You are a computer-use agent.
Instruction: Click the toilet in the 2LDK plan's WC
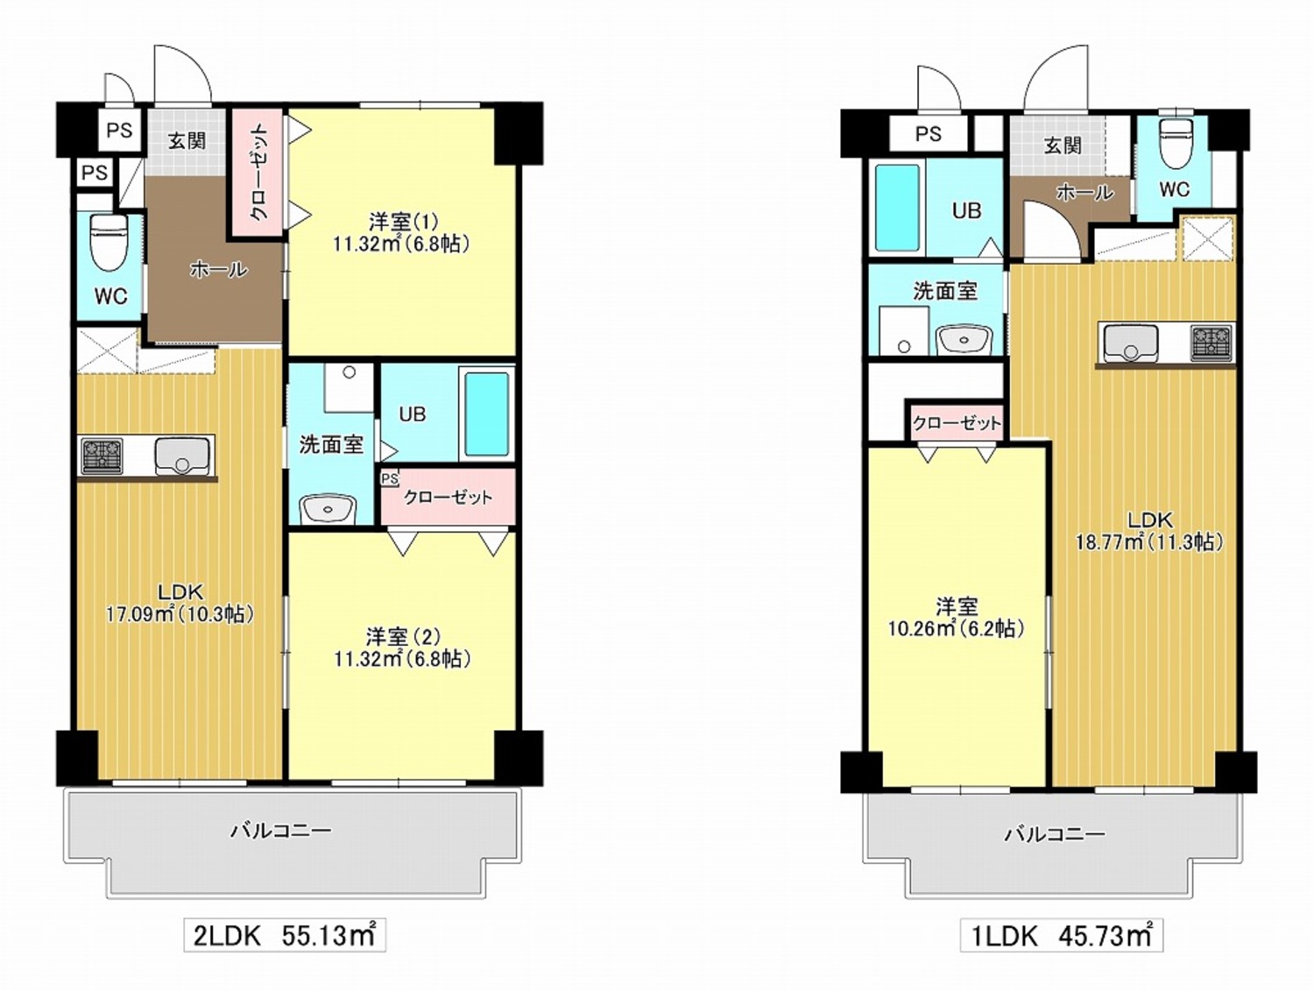coord(109,244)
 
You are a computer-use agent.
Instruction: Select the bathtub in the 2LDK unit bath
coord(488,414)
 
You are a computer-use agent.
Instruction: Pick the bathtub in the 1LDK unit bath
coord(897,207)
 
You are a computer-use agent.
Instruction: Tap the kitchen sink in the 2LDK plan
coord(183,456)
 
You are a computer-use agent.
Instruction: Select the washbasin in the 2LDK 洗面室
coord(328,509)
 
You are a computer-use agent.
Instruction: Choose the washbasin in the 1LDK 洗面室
coord(964,339)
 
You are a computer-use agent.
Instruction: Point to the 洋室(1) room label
coord(404,222)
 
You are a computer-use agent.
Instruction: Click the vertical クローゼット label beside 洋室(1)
coord(258,172)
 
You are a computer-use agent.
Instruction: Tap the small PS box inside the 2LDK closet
coord(390,478)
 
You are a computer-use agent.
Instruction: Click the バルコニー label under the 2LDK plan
coord(281,831)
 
